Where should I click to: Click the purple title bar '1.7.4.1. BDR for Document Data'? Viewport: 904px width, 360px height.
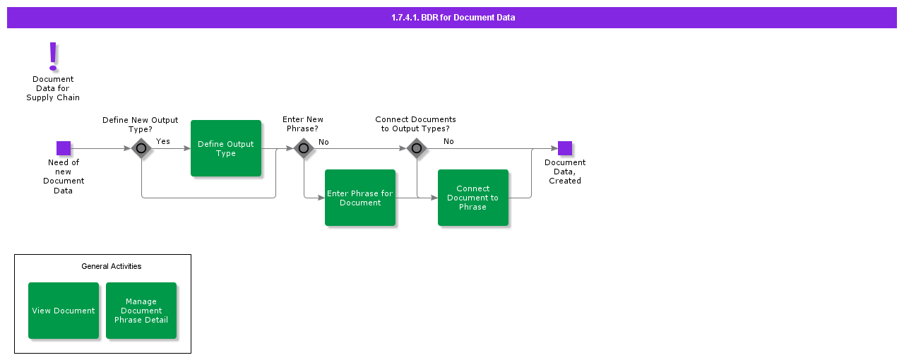452,18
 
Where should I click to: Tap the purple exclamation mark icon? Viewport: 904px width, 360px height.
53,56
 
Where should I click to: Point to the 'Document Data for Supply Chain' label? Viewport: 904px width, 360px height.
53,88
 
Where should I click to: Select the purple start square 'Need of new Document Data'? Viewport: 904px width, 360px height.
64,148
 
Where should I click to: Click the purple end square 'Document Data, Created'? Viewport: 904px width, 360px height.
565,148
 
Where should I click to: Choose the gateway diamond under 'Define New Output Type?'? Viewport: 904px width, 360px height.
141,148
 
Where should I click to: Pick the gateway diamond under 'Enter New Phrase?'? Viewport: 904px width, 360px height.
304,148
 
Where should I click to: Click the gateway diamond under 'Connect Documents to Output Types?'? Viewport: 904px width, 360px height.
417,148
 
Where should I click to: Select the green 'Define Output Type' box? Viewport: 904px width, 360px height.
226,148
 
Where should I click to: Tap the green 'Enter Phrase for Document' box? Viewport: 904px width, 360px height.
360,198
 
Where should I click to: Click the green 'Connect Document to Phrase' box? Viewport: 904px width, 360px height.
473,198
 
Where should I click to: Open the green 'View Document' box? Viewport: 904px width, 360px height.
64,311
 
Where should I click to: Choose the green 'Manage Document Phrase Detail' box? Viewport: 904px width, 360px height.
141,311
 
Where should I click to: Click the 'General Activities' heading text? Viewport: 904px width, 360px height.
112,266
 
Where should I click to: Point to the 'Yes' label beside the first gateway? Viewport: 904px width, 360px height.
163,141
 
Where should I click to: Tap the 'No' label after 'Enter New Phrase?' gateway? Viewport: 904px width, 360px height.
323,142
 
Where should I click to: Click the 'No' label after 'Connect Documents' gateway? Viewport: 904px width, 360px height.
448,141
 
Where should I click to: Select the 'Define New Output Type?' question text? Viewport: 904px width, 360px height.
140,124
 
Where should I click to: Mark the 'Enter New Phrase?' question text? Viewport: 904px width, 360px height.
303,124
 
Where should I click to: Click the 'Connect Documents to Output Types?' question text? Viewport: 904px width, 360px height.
415,124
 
